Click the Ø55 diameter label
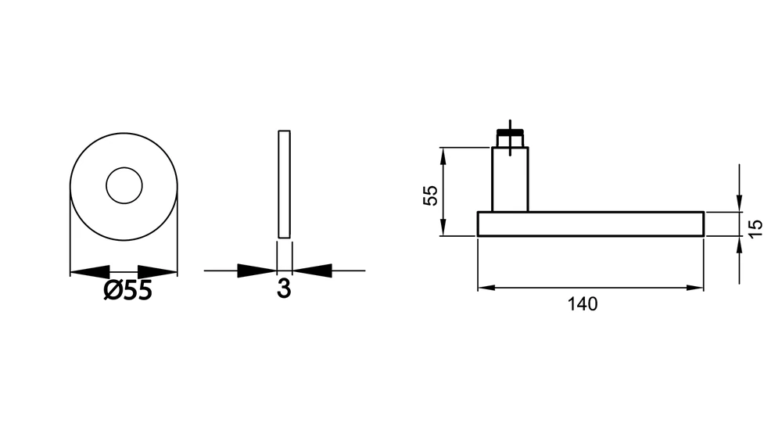point(127,290)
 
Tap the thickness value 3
point(284,288)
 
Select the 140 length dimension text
point(583,304)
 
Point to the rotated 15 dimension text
point(755,228)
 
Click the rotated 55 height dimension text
point(430,195)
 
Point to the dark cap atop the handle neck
point(510,132)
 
